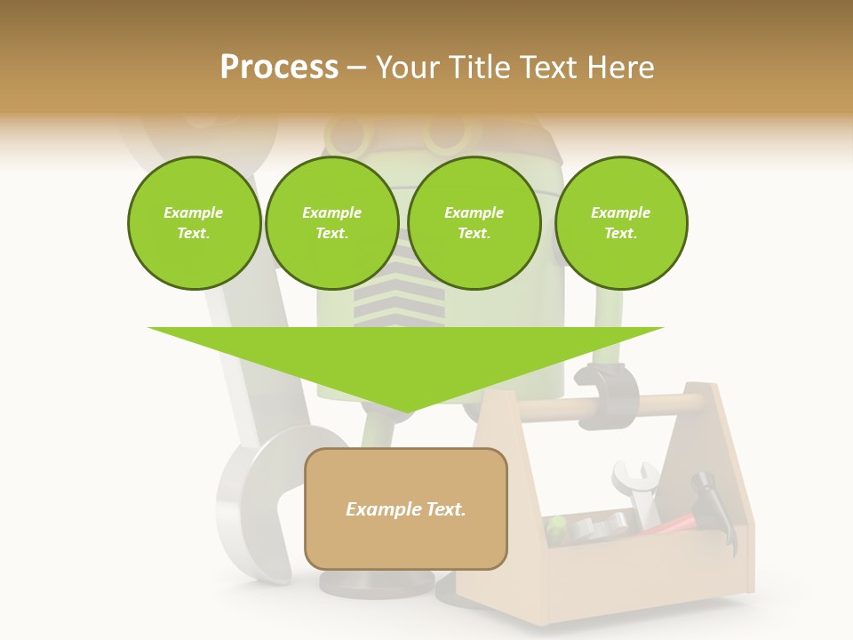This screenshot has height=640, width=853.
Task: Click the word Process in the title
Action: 279,68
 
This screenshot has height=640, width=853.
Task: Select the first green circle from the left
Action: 194,222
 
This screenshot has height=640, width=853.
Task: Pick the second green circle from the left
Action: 331,222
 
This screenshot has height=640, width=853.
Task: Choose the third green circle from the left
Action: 474,222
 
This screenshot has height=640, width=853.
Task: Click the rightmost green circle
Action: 620,222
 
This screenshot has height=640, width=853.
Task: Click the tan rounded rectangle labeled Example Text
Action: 405,508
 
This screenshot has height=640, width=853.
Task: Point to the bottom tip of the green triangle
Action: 405,412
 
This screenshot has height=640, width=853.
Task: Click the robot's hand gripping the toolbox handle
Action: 608,394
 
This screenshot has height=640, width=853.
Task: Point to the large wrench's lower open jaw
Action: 258,507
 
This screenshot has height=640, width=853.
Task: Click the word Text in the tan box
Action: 442,509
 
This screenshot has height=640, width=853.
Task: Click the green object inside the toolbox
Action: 556,529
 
